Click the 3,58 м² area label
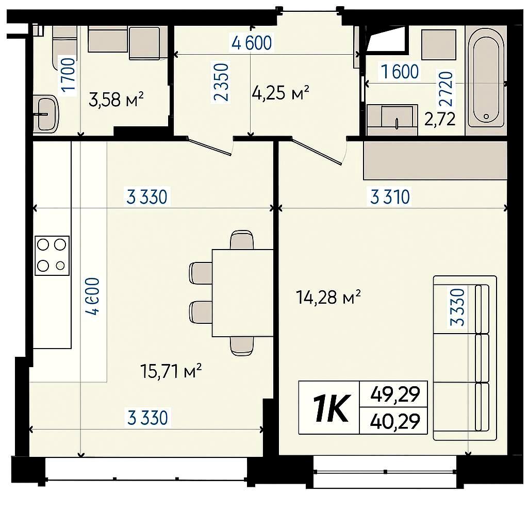[116, 100]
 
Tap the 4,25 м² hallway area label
[280, 93]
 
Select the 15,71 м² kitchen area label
[171, 371]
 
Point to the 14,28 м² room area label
[328, 297]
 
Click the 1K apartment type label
[331, 408]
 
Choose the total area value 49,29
[395, 394]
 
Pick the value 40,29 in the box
[395, 421]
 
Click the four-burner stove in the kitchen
[52, 256]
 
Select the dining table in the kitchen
[242, 293]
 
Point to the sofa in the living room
[465, 358]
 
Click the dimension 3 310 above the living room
[390, 197]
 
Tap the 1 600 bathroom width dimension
[400, 71]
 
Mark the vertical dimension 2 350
[221, 82]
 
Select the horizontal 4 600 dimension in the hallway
[252, 43]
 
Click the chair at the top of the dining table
[242, 240]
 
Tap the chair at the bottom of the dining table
[242, 346]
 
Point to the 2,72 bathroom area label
[440, 119]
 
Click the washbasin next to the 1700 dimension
[46, 113]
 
